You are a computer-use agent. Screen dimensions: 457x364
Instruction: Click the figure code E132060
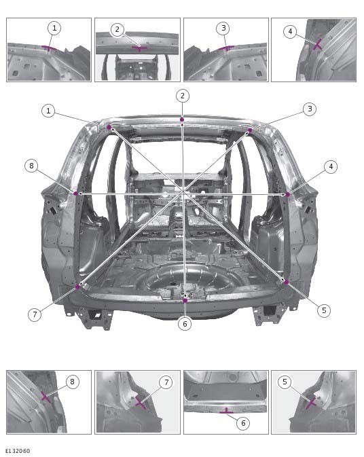18,451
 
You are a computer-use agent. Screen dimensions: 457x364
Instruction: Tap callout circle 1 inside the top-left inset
54,28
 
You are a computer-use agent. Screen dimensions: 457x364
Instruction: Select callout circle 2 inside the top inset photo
117,29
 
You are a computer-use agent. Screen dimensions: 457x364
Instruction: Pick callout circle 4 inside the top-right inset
290,31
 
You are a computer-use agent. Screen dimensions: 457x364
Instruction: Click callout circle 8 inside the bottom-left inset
72,382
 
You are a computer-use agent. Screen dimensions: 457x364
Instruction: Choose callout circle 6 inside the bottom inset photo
241,422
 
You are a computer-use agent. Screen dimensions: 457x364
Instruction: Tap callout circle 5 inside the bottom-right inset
285,382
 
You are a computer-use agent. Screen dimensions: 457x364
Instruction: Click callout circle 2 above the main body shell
182,95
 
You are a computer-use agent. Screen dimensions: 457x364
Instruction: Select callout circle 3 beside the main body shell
309,109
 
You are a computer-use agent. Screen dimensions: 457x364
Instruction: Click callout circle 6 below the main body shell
184,324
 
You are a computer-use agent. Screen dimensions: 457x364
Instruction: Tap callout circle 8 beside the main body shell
30,166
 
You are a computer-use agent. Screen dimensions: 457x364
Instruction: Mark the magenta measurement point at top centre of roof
182,120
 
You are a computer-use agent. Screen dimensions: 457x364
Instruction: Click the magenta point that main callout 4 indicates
288,194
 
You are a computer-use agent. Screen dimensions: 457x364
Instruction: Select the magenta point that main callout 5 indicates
286,281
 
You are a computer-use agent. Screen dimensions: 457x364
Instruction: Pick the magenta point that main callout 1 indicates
109,127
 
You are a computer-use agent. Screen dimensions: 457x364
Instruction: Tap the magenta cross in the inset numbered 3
226,48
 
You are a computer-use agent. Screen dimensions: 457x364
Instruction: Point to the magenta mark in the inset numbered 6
226,411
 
